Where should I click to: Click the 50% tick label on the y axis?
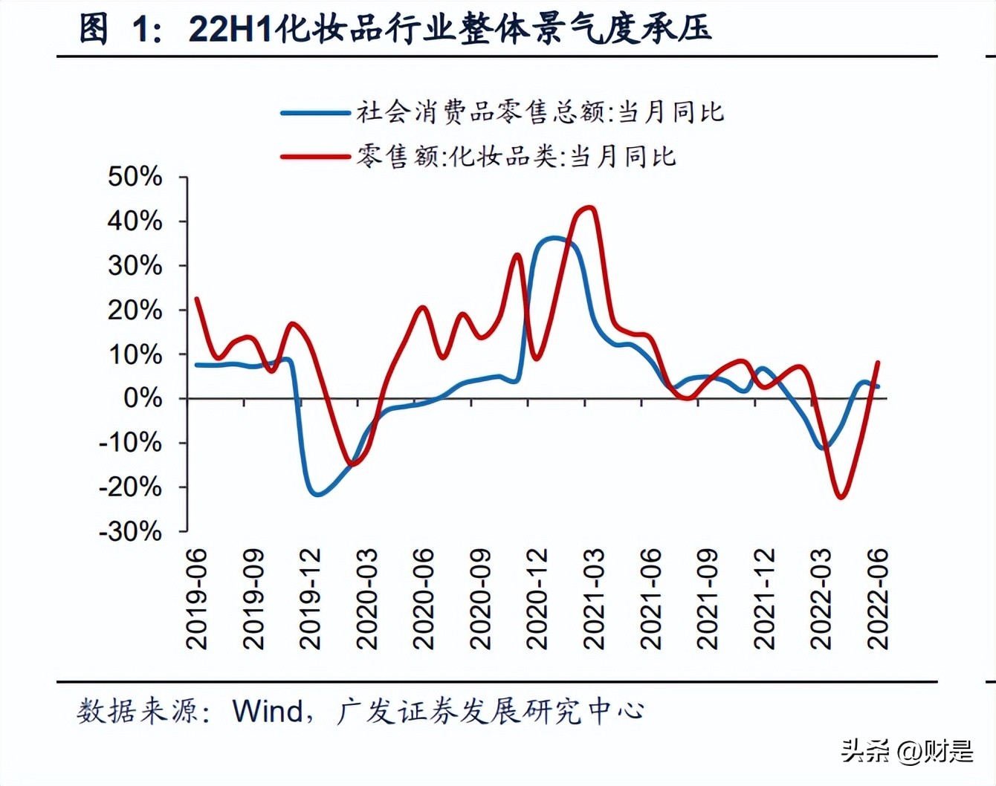click(135, 177)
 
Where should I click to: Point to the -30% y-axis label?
click(131, 531)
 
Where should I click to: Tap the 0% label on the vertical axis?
click(143, 398)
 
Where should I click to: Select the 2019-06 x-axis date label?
click(197, 599)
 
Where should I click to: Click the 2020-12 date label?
click(537, 599)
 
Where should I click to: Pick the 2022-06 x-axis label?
click(879, 599)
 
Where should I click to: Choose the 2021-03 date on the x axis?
click(595, 599)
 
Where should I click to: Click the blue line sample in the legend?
click(315, 113)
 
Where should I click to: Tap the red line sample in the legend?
click(315, 157)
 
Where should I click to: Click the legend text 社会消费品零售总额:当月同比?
click(540, 112)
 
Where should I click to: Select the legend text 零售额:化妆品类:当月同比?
click(517, 156)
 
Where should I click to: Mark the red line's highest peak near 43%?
click(589, 207)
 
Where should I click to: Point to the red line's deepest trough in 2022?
click(841, 497)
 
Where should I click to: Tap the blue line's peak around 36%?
click(554, 238)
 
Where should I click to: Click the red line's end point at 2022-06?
click(879, 363)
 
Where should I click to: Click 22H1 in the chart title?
click(230, 28)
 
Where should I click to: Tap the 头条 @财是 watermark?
click(907, 751)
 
